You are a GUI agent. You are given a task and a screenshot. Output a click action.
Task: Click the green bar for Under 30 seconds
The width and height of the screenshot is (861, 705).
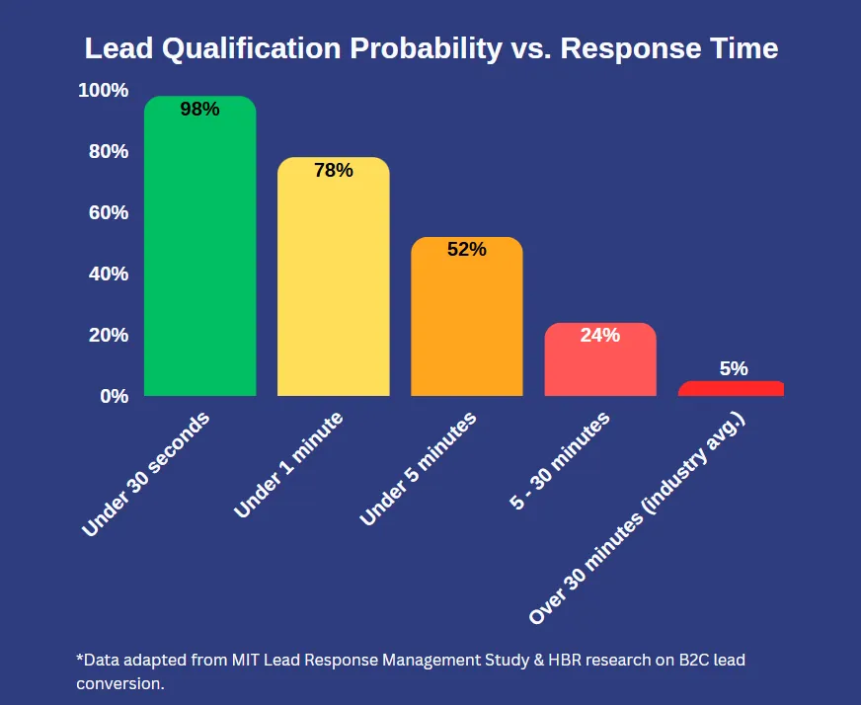[200, 257]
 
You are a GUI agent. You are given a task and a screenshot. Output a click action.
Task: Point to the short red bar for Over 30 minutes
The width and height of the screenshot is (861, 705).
[731, 389]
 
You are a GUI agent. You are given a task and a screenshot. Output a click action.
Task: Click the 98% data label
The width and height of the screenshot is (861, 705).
[199, 110]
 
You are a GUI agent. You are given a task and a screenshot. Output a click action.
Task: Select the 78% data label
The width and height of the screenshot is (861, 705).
[334, 170]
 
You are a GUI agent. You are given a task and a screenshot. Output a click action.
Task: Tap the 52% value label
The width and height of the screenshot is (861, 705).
[467, 250]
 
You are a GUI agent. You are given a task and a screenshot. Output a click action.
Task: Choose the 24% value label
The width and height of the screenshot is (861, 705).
[600, 335]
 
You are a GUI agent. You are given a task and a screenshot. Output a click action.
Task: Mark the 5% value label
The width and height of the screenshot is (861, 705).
[734, 368]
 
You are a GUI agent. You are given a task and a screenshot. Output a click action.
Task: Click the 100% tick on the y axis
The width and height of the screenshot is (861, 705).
[103, 91]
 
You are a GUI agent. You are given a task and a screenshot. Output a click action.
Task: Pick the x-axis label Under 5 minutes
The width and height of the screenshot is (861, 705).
[419, 469]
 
